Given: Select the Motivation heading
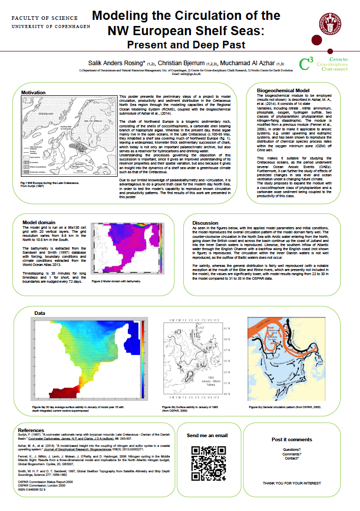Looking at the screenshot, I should pos(34,92).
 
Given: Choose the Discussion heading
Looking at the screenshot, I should pos(205,223).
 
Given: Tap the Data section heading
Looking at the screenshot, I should pos(40,312).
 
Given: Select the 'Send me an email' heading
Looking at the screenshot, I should pos(207,436).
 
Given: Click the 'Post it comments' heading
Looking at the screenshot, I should pos(291,439).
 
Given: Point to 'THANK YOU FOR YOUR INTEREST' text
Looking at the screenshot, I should pos(291,482).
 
